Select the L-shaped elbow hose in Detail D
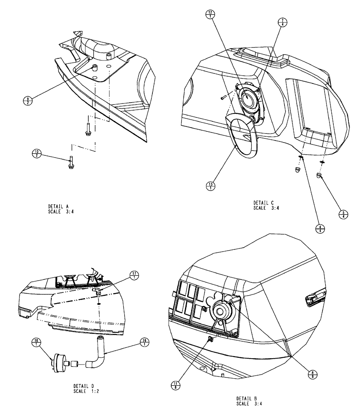coord(96,358)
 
